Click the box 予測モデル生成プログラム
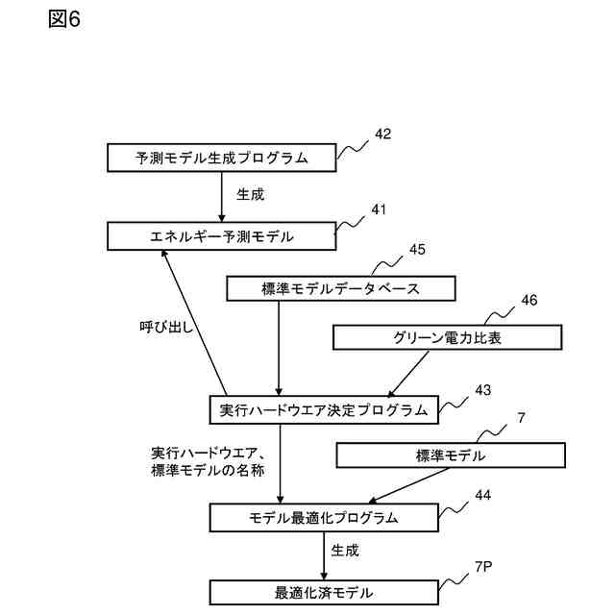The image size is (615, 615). point(222,158)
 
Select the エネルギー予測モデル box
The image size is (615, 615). point(222,235)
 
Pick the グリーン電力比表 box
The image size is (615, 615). point(447,337)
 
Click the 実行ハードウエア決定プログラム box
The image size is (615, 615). point(323,410)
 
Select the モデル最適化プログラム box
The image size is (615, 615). point(323,518)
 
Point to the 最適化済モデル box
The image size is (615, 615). point(323,592)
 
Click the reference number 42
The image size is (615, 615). point(382,135)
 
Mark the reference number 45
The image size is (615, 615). point(416,250)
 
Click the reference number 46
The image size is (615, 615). point(529,300)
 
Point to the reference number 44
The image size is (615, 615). point(482,495)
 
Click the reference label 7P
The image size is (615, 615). point(483,567)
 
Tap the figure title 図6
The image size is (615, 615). point(64,20)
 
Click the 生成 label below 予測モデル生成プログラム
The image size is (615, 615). point(250,194)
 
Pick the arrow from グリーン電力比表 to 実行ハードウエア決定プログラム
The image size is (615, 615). point(408,374)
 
